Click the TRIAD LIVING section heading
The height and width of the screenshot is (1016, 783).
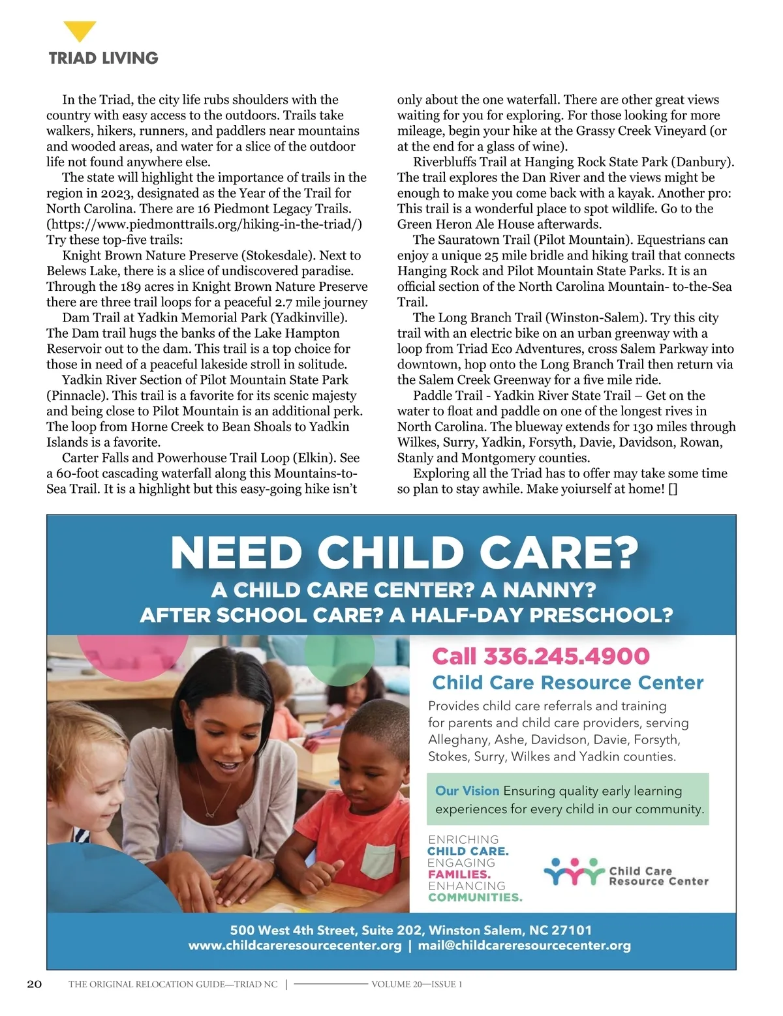click(103, 58)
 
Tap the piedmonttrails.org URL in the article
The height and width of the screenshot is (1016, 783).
click(204, 224)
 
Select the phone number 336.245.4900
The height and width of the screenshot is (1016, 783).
click(566, 656)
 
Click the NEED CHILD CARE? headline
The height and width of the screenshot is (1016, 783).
click(404, 554)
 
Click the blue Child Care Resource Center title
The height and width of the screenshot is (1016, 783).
click(568, 683)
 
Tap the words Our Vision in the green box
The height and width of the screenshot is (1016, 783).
click(467, 791)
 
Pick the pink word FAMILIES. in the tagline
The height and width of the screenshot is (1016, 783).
click(459, 874)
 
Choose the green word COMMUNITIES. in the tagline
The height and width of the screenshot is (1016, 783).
click(475, 898)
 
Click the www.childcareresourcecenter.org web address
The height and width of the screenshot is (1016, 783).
click(295, 946)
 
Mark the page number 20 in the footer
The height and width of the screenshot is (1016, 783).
click(35, 984)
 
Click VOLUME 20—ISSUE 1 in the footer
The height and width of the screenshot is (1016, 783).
click(416, 985)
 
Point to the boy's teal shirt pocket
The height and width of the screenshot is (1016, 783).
click(378, 860)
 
